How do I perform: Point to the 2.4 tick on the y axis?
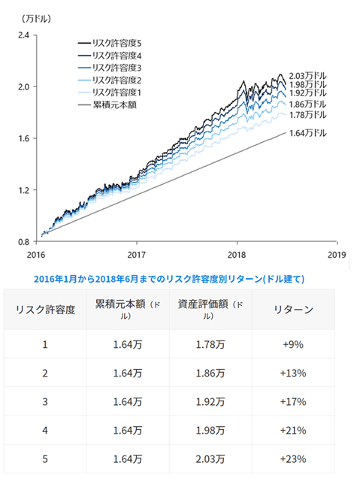(23, 35)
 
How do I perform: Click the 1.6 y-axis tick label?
(23, 138)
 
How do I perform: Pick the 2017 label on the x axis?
(137, 255)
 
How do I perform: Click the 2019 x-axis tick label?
(337, 255)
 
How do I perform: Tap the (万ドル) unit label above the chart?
(36, 19)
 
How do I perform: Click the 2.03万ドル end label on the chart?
(307, 76)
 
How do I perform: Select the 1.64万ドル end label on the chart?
(307, 133)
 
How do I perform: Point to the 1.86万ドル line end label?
(307, 104)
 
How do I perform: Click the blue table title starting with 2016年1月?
(169, 279)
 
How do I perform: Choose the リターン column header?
(293, 310)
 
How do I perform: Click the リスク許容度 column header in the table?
(45, 310)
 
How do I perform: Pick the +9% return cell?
(293, 344)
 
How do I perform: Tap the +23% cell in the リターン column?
(293, 459)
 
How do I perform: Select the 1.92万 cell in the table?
(210, 402)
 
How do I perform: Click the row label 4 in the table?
(45, 431)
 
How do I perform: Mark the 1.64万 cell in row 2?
(128, 374)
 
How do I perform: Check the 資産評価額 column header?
(210, 310)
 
